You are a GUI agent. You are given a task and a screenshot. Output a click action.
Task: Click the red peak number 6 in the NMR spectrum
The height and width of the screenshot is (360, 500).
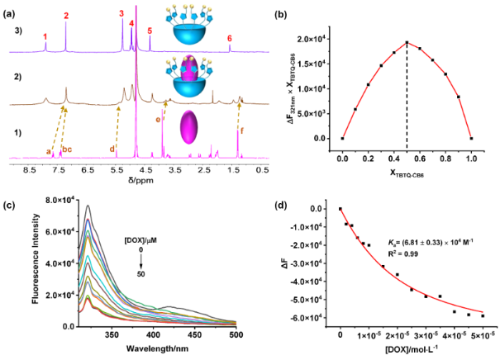[x=230, y=38]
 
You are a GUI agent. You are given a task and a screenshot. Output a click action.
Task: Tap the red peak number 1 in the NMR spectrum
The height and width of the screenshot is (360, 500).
[x=45, y=36]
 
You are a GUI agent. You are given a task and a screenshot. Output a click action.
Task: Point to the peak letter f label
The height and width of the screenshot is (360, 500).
[x=241, y=130]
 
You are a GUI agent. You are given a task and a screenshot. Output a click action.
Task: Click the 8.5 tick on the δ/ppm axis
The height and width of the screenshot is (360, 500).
[x=31, y=169]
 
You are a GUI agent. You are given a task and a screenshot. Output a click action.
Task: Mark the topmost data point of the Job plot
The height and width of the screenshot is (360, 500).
[x=407, y=43]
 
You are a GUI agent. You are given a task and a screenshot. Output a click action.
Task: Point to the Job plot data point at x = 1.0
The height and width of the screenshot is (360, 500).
[x=471, y=138]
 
